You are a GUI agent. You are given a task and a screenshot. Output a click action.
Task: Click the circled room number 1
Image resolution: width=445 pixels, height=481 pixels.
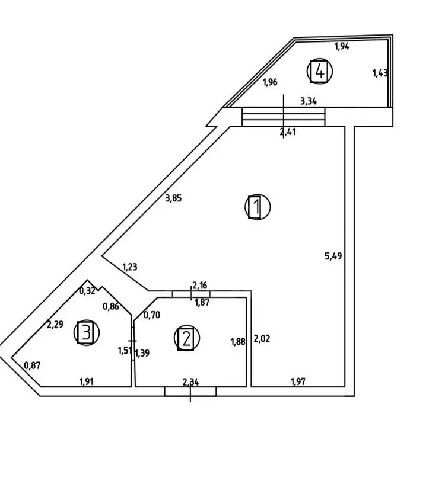point(258,207)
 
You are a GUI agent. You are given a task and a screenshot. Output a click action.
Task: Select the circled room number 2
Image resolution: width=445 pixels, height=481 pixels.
point(186,338)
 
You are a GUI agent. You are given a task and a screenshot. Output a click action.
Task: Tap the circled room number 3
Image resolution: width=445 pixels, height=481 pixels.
point(87,332)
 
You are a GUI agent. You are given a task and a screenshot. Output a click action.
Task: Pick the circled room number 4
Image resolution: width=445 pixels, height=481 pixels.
point(320,71)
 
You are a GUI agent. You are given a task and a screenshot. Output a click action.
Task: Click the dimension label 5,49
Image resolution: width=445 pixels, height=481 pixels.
point(333,255)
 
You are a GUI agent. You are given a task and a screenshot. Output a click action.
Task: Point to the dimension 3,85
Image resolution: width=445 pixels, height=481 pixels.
point(173,198)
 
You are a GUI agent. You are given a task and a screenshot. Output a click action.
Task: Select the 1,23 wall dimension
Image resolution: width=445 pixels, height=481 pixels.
point(130,267)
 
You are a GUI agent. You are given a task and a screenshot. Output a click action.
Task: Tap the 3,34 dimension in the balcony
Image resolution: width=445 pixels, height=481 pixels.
point(309,101)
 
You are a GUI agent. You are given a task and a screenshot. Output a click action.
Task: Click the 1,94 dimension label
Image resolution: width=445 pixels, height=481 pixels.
point(342,46)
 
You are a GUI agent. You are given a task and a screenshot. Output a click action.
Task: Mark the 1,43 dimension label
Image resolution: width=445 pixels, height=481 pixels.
point(380,73)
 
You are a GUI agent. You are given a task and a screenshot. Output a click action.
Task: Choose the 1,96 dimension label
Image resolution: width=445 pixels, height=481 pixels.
point(270,82)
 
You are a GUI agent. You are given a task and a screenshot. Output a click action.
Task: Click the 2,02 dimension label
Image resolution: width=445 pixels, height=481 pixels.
point(262,339)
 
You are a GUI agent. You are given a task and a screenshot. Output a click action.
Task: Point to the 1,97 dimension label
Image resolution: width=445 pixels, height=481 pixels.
point(298,381)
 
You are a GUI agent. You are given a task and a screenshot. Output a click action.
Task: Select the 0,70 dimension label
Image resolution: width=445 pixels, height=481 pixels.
point(152,315)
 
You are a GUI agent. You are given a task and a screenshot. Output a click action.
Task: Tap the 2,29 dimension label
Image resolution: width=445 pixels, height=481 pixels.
point(55,324)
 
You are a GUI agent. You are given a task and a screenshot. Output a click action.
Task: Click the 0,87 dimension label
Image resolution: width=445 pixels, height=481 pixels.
point(32,365)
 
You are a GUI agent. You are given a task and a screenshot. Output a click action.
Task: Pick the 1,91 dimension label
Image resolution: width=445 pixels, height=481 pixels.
point(87,381)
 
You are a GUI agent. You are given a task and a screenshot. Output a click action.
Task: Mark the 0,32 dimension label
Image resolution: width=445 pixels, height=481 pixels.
point(87,290)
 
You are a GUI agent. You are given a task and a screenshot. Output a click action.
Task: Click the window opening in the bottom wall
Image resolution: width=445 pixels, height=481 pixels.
point(190,392)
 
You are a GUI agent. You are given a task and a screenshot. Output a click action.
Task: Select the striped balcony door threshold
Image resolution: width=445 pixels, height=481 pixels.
point(284,117)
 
